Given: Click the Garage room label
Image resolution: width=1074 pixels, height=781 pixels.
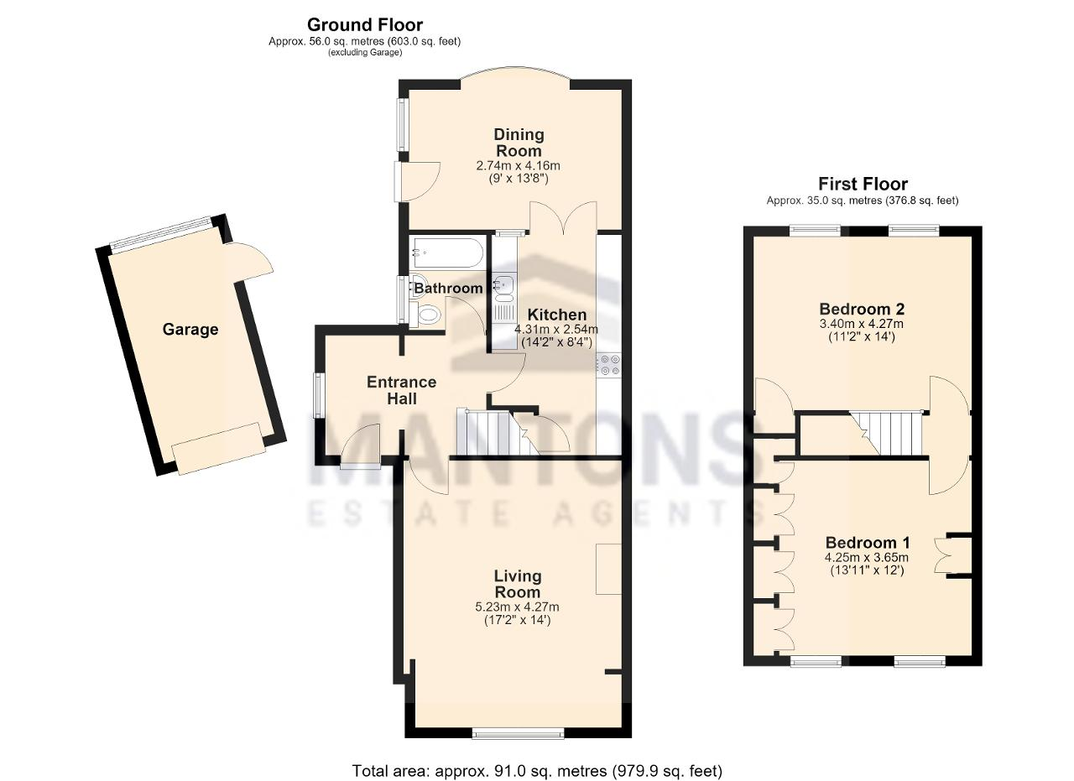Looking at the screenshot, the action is pos(190,330).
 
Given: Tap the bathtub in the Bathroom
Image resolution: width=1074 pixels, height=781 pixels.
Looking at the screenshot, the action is pos(446,253).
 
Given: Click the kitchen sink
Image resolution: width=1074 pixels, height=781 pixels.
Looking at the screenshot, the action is pos(504,286).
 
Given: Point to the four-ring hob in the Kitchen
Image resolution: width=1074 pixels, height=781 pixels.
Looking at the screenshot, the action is pos(609,364).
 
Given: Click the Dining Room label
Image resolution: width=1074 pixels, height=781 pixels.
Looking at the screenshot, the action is pos(519,143).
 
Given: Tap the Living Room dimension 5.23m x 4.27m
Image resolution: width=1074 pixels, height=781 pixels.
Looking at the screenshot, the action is pos(518,607).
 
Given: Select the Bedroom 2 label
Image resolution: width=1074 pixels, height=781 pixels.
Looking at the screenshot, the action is pos(861,309).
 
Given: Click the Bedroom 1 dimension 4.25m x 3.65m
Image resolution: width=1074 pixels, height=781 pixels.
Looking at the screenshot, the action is pos(867,558).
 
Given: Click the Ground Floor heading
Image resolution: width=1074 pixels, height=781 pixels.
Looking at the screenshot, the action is pos(365,24).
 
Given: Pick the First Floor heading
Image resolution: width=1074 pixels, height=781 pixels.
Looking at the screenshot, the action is pos(863,184).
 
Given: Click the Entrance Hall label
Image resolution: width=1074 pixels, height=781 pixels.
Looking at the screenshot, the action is pos(402,390).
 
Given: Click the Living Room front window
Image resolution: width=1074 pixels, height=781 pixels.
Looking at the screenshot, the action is pos(519,733).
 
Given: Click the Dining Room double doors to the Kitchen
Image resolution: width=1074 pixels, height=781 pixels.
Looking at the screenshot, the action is pos(563,217).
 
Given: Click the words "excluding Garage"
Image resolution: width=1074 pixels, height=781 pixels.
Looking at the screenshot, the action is pos(365,53).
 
